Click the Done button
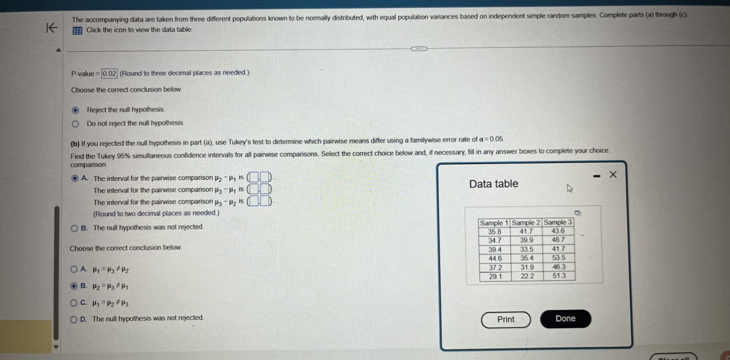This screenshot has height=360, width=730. coord(565,319)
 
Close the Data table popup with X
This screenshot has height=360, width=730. coord(613,175)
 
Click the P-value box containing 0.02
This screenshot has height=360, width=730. coord(109,74)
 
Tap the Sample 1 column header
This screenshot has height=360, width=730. coord(494,223)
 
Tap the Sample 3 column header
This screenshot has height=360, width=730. coord(558,223)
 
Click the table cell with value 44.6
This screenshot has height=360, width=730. coord(494,258)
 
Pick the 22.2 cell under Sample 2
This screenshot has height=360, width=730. coord(527,275)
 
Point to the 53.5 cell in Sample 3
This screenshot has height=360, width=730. coord(558,258)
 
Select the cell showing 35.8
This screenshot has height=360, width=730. coord(494,231)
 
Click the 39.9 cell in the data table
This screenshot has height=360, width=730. coord(527,240)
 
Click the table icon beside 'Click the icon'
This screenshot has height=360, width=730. coord(77,31)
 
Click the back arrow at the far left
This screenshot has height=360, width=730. coord(52,27)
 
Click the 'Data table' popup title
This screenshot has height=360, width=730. coord(494,184)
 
